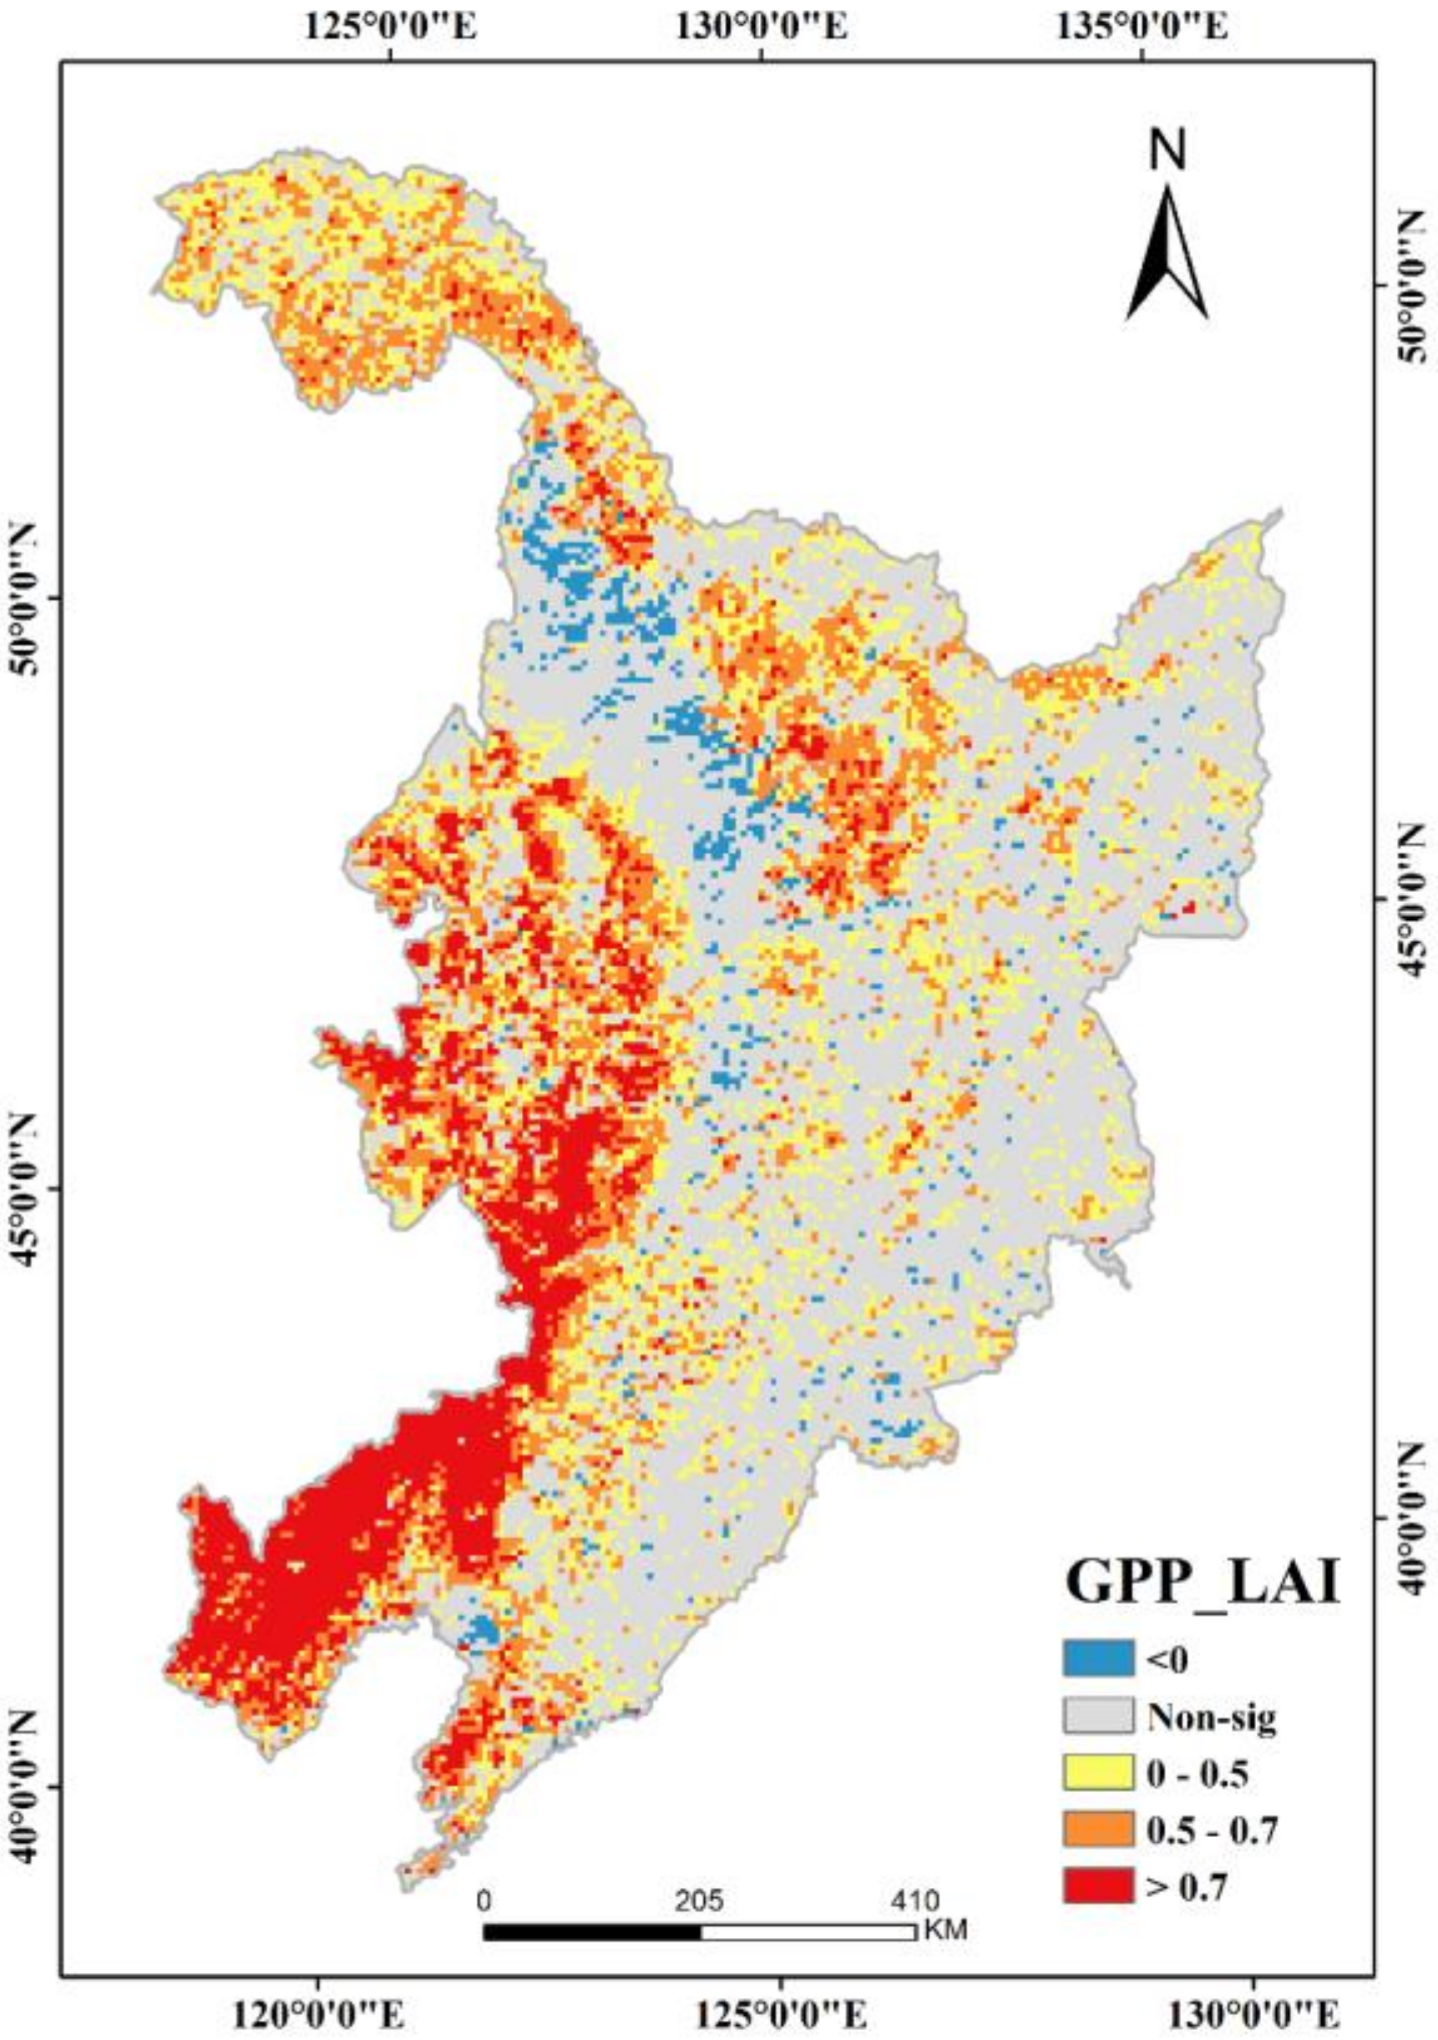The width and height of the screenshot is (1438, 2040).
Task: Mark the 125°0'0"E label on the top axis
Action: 391,27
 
